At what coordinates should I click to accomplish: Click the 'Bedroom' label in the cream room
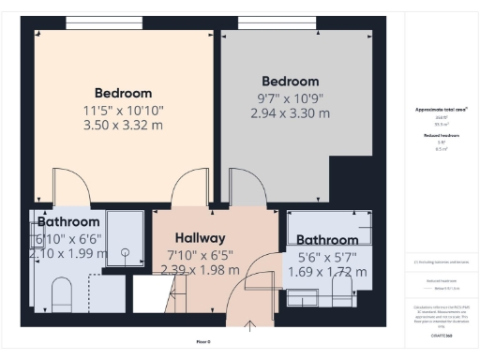pyautogui.click(x=123, y=93)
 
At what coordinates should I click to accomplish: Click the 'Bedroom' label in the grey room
pyautogui.click(x=290, y=82)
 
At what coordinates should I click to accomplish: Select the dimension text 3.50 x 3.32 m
pyautogui.click(x=123, y=125)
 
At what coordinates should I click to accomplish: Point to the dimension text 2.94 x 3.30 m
pyautogui.click(x=290, y=113)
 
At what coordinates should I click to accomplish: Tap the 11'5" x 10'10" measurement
pyautogui.click(x=123, y=109)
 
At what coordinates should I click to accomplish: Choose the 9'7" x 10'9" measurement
pyautogui.click(x=290, y=97)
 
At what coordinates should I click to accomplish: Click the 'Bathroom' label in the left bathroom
pyautogui.click(x=68, y=222)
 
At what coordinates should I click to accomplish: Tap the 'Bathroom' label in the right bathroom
pyautogui.click(x=327, y=240)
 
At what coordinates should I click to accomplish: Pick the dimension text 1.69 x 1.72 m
pyautogui.click(x=327, y=271)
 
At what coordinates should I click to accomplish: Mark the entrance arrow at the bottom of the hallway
pyautogui.click(x=251, y=327)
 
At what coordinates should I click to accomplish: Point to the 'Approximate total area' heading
pyautogui.click(x=441, y=110)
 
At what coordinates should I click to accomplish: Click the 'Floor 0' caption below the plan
pyautogui.click(x=202, y=341)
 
